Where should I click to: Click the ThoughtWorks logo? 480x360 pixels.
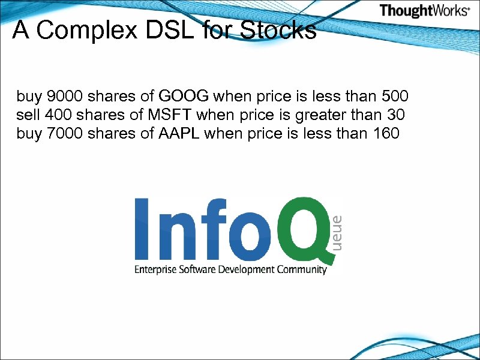424,11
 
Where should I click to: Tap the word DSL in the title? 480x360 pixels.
176,30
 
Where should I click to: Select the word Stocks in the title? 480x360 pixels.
278,30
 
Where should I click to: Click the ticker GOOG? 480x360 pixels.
185,96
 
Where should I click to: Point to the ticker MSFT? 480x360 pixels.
169,115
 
